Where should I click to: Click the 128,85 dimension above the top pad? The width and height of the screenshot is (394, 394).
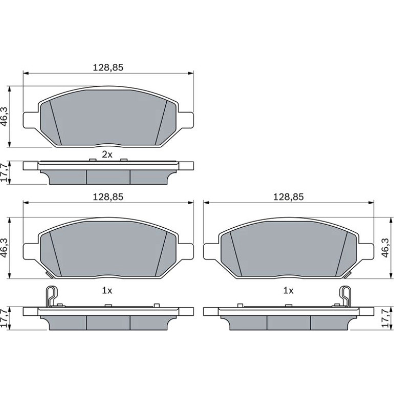[108, 68]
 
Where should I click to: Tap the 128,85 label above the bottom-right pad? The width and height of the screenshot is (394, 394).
[289, 197]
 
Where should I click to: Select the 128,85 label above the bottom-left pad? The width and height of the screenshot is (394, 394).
[108, 197]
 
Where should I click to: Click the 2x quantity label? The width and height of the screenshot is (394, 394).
[107, 155]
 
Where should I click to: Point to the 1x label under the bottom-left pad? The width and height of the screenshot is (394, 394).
[107, 291]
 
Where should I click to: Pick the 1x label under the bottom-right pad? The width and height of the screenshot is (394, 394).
[289, 291]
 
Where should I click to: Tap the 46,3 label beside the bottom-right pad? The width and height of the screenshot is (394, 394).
[385, 248]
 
